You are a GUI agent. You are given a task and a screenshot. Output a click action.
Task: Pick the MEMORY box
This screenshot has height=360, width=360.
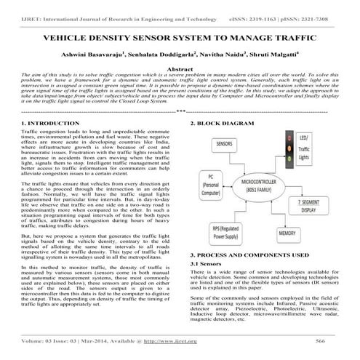click(287, 235)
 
